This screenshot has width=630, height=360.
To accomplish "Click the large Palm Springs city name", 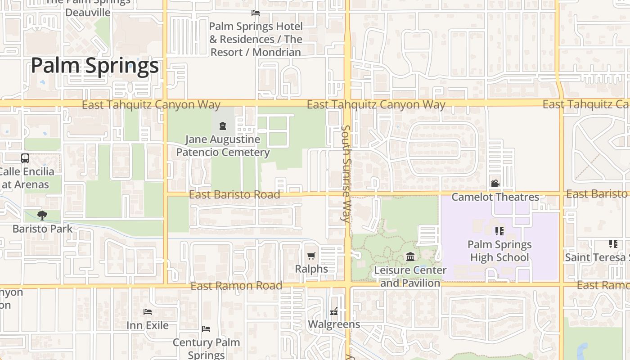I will (x=95, y=66).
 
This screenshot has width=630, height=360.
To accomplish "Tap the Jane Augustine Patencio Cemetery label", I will (x=223, y=146).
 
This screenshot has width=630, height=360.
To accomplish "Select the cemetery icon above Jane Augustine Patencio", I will (x=222, y=126).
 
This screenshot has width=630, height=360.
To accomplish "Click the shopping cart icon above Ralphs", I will (x=311, y=256).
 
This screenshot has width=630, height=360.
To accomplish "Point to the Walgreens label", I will (x=334, y=324).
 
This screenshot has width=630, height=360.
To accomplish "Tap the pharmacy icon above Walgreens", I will (x=334, y=311).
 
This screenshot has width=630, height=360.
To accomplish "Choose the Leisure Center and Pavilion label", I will (x=410, y=276).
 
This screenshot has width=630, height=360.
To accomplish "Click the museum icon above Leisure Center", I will (x=410, y=257).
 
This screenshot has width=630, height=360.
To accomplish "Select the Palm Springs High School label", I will (x=499, y=251).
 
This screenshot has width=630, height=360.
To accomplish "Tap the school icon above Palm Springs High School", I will (x=499, y=231).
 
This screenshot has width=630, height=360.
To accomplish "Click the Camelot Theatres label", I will (x=495, y=197).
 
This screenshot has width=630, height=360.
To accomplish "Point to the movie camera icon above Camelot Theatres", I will (x=495, y=183).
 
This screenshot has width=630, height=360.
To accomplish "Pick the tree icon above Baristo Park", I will (x=42, y=215).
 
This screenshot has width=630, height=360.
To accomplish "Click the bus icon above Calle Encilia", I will (x=25, y=158).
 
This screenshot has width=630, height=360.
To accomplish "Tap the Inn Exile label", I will (x=148, y=325).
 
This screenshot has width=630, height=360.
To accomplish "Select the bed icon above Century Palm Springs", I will (x=206, y=329).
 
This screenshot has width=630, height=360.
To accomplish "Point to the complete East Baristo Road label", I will (x=234, y=194).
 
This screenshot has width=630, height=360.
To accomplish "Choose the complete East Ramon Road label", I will (x=236, y=286).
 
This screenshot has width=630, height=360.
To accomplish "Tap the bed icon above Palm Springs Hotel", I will (x=256, y=13).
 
